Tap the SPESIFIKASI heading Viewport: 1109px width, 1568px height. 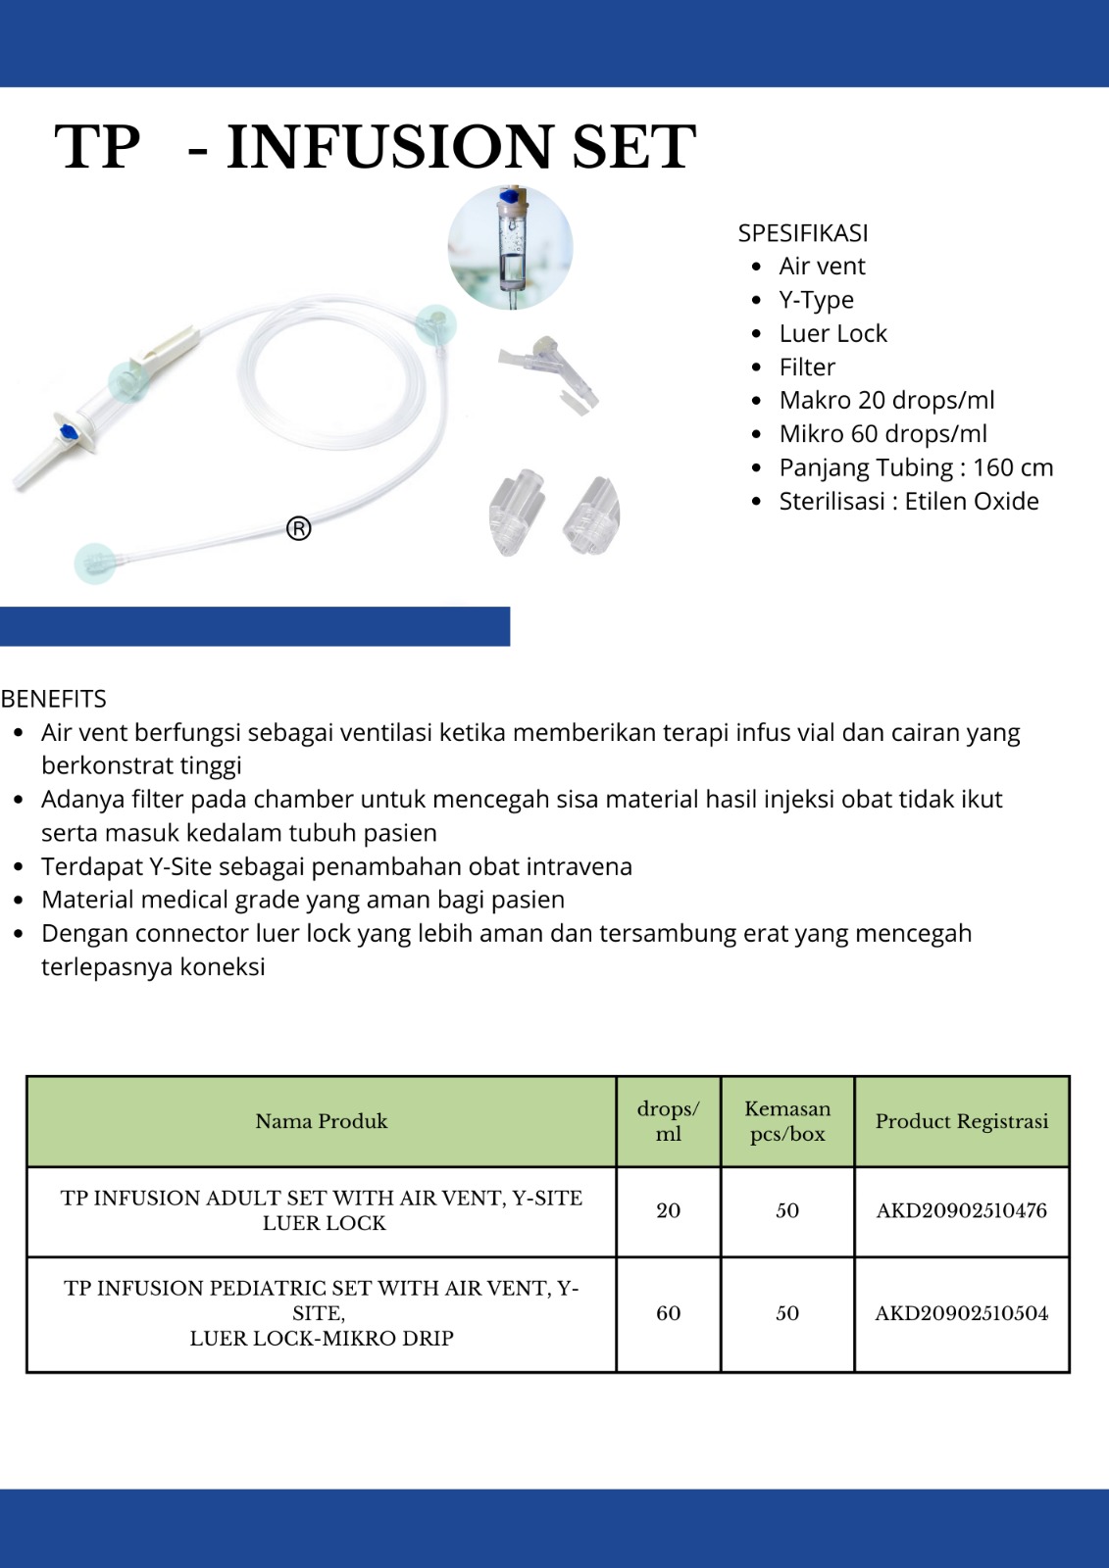(802, 233)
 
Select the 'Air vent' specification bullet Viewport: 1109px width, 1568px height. (822, 267)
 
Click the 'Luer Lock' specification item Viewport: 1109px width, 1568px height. (832, 334)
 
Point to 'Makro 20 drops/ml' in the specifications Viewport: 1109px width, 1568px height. (886, 401)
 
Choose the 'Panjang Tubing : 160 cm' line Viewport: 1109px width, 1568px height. (916, 467)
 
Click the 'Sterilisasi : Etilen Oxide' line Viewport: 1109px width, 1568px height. (908, 502)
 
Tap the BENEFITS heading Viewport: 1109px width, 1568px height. (54, 699)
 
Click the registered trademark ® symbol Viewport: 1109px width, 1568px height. (299, 529)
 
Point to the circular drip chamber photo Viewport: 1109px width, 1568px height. (510, 248)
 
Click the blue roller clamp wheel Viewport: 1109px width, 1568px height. (69, 431)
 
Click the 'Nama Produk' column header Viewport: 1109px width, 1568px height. (322, 1121)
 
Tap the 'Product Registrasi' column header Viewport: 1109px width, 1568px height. (961, 1121)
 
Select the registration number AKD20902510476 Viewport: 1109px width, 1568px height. (961, 1211)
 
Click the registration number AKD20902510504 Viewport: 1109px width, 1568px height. (961, 1314)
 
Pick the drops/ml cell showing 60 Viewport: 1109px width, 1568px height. (668, 1314)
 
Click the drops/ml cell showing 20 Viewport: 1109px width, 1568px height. (668, 1211)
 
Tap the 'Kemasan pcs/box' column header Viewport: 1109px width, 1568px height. (787, 1121)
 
